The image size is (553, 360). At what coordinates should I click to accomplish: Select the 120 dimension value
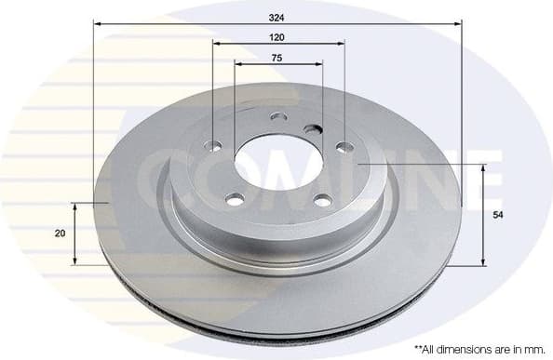coord(277,36)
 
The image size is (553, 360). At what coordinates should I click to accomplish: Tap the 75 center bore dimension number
coord(277,58)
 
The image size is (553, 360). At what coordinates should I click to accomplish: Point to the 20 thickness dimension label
coord(61,233)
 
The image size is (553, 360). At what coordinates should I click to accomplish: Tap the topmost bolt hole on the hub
coord(277,117)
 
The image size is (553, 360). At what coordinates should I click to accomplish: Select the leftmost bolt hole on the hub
coord(213,146)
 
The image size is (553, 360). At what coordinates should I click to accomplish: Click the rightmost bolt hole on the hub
coord(344,146)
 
